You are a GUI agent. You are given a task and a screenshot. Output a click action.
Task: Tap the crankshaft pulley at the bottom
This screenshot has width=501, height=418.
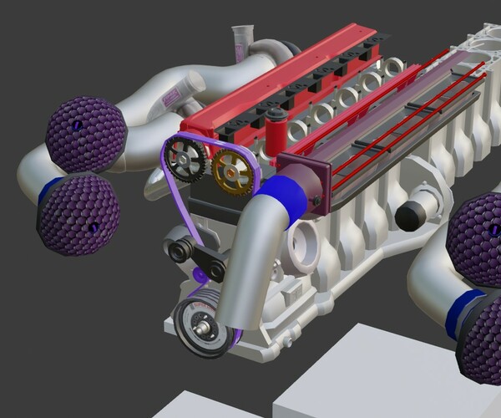pyautogui.click(x=202, y=327)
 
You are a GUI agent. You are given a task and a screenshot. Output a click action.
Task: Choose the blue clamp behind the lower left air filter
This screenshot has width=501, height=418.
pyautogui.click(x=51, y=188)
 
